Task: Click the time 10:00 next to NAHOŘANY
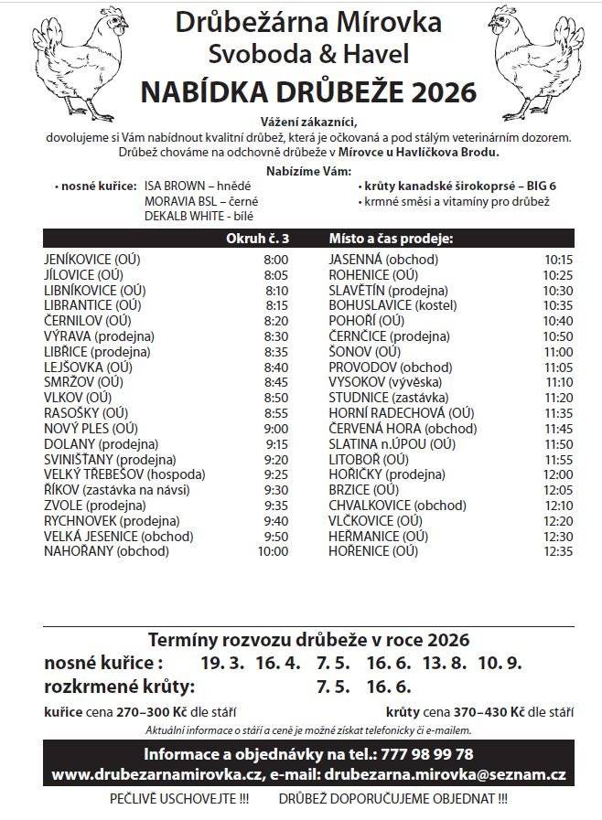click(x=272, y=551)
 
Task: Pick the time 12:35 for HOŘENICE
click(x=557, y=551)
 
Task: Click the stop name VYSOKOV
click(x=362, y=381)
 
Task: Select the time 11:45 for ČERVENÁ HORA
click(x=557, y=428)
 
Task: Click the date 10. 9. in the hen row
click(x=501, y=662)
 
